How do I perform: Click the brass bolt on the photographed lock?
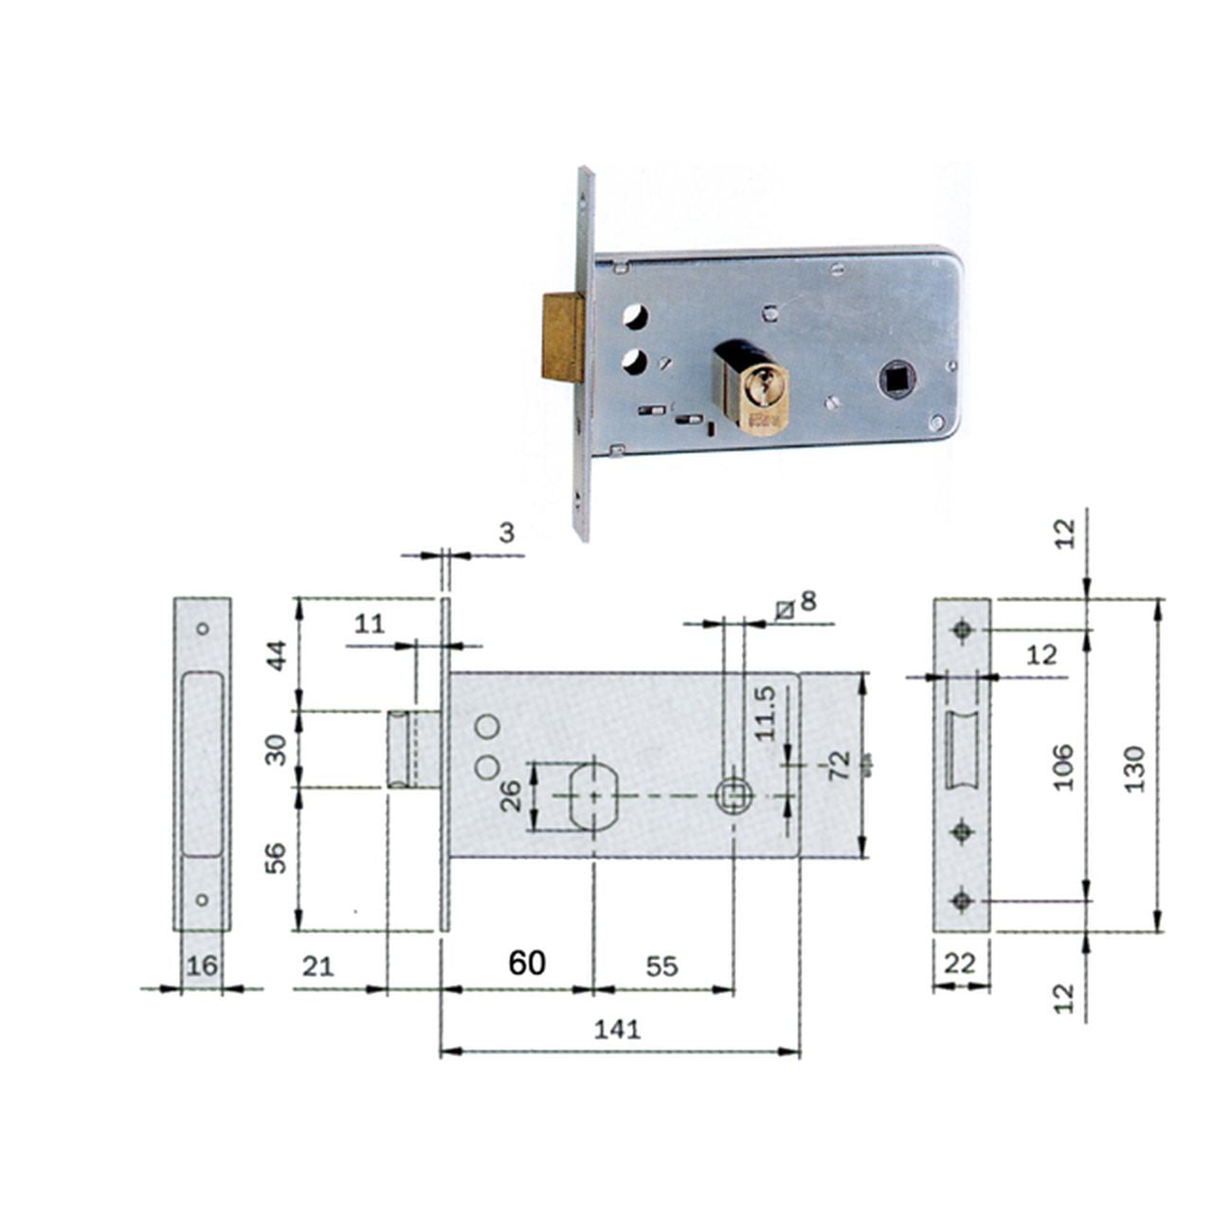point(564,337)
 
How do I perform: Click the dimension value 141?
point(617,1029)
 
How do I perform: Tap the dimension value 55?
point(661,966)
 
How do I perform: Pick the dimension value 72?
point(840,765)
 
